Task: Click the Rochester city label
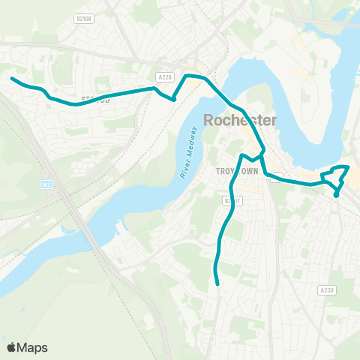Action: [x=240, y=120]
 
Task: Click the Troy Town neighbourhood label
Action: [x=236, y=171]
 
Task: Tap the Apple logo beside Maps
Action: [x=11, y=347]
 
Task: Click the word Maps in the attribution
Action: [x=32, y=347]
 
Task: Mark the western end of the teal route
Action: [x=12, y=78]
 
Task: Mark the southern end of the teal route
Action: [x=217, y=284]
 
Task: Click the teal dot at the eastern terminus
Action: [x=337, y=194]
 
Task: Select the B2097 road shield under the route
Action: [x=232, y=201]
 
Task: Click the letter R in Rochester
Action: [x=209, y=120]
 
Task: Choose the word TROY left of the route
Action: [x=226, y=171]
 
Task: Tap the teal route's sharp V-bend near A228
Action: [x=173, y=98]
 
